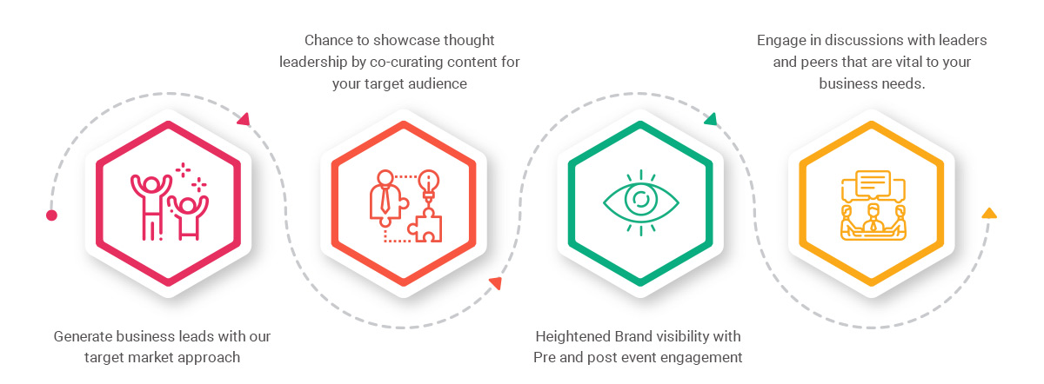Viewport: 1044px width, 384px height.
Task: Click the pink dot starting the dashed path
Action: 51,215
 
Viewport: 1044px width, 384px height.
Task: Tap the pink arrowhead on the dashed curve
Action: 244,120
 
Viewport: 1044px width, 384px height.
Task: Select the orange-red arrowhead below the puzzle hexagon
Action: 495,283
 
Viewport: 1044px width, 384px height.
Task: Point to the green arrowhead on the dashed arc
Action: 711,120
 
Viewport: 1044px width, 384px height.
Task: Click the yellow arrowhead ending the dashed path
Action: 989,213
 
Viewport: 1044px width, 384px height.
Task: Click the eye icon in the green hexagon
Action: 641,202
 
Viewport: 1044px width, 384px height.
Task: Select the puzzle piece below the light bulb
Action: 425,225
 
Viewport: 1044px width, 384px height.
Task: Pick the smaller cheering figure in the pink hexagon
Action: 188,218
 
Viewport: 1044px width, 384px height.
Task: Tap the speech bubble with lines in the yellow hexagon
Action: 873,183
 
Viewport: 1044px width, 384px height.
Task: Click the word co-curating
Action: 405,62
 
